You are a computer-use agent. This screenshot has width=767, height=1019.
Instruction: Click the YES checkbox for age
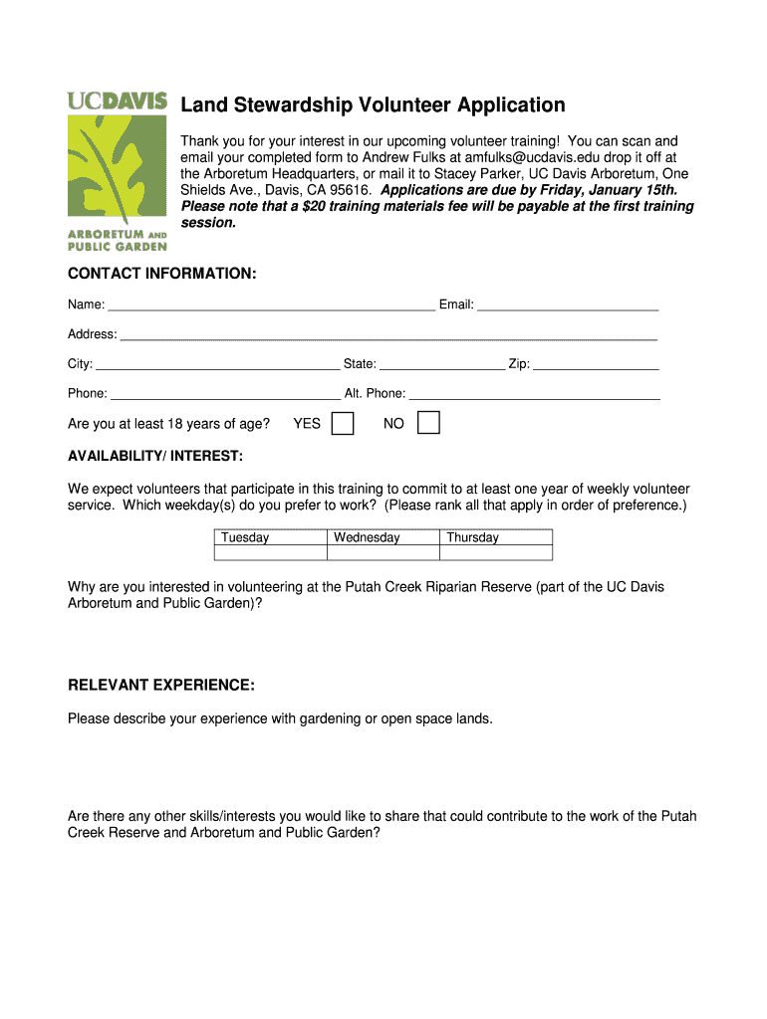pos(342,424)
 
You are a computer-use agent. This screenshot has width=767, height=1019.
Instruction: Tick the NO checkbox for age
pos(428,424)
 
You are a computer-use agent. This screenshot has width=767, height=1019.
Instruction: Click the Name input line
pos(271,305)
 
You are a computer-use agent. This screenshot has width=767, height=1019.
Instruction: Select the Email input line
pos(568,305)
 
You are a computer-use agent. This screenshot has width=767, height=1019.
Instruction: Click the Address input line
pos(388,334)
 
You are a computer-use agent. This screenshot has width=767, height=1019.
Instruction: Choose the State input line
pos(442,364)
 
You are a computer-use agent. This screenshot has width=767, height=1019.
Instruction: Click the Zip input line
pos(596,364)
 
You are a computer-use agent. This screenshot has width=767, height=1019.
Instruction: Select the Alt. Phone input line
pos(534,394)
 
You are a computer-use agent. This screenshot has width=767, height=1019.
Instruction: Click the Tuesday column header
pos(245,537)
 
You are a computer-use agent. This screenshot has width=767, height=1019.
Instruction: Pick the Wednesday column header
pos(367,537)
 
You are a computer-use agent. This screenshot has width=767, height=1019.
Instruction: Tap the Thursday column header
pos(472,537)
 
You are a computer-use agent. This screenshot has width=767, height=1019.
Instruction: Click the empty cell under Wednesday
pos(383,552)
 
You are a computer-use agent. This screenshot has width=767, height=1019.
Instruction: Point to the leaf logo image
pos(117,169)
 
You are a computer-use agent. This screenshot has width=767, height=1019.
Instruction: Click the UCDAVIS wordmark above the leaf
pos(117,101)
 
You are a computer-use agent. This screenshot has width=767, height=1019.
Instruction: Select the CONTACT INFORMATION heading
pos(162,273)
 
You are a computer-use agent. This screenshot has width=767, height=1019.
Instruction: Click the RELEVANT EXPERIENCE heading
pos(161,686)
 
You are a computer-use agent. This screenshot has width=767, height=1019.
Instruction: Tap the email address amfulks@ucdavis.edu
pos(528,157)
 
